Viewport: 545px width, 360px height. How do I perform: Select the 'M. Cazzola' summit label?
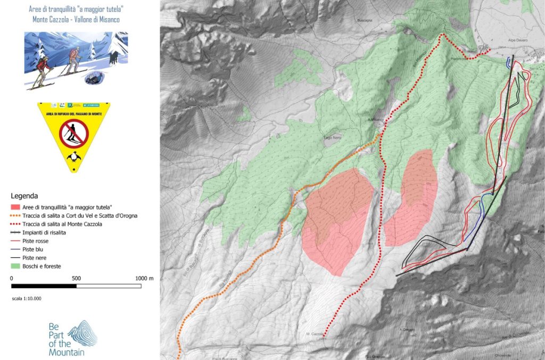click(x=315, y=334)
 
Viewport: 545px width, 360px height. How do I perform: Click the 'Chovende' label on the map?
click(x=503, y=355)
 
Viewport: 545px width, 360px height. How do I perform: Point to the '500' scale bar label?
click(x=76, y=278)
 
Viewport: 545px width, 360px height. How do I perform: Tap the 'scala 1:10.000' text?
click(x=27, y=298)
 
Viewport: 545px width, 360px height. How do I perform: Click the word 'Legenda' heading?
click(x=25, y=195)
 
